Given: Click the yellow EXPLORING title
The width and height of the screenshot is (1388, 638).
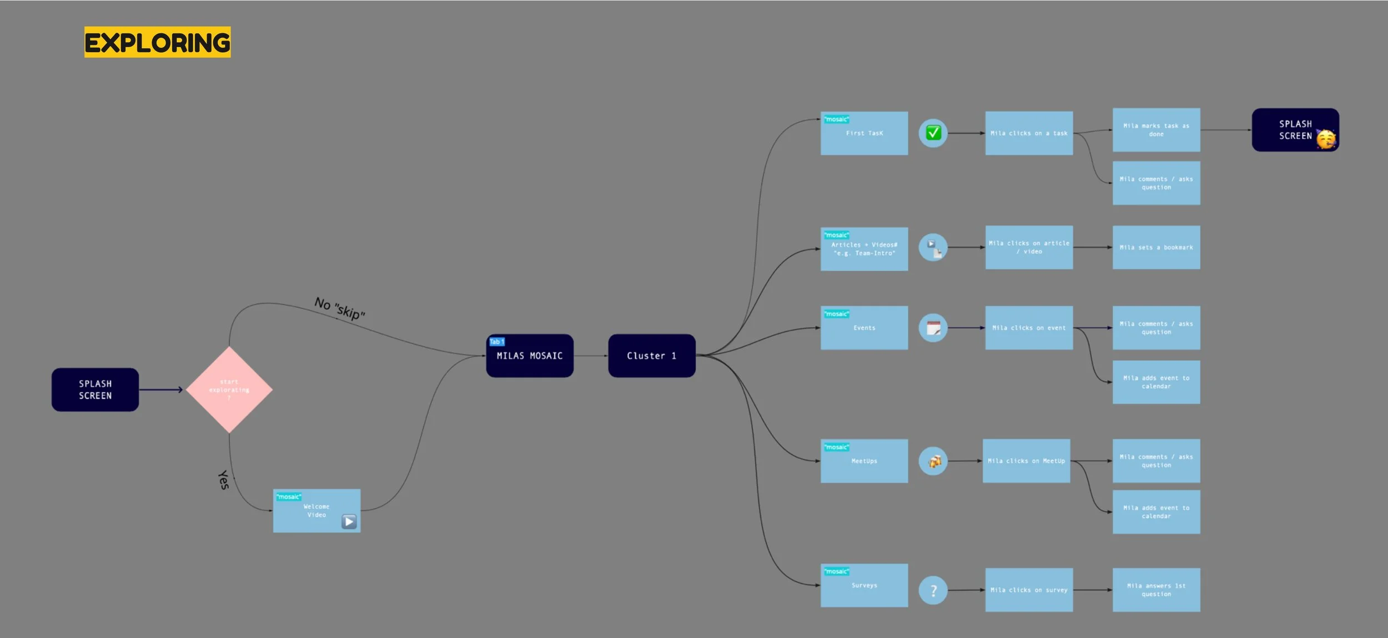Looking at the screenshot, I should coord(157,42).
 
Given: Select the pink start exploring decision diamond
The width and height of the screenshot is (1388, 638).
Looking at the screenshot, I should coord(229,389).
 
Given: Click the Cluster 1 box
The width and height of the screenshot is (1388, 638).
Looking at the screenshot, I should coord(651,356).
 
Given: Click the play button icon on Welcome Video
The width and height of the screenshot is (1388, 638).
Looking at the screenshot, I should coord(349,521).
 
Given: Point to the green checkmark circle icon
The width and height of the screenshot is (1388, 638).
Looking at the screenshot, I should coord(933,133).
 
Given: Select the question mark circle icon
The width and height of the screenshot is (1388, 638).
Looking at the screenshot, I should coord(933,590).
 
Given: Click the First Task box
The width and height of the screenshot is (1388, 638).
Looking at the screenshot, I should coord(864,134).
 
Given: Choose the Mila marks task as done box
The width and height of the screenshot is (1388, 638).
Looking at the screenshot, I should coord(1156,130).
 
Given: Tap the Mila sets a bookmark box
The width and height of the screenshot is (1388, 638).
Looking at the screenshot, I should coord(1156,247).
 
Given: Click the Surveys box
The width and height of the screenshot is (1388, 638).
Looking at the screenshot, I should coord(864,585).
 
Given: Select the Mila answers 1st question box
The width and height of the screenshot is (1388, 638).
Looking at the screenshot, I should coord(1156,590).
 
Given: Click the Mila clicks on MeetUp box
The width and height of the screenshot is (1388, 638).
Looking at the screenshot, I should coord(1026,461).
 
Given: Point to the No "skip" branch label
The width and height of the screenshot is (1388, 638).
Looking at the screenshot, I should coord(339,308).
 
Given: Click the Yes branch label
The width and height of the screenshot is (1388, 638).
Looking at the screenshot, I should coord(223,480).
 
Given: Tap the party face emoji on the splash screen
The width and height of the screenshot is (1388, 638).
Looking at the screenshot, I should coord(1326,139).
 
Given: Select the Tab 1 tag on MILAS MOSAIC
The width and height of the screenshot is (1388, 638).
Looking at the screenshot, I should coord(496,342).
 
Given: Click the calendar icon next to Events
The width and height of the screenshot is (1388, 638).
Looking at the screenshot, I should coord(933,328).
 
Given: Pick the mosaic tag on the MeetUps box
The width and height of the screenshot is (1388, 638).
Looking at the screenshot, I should coord(836,447).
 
